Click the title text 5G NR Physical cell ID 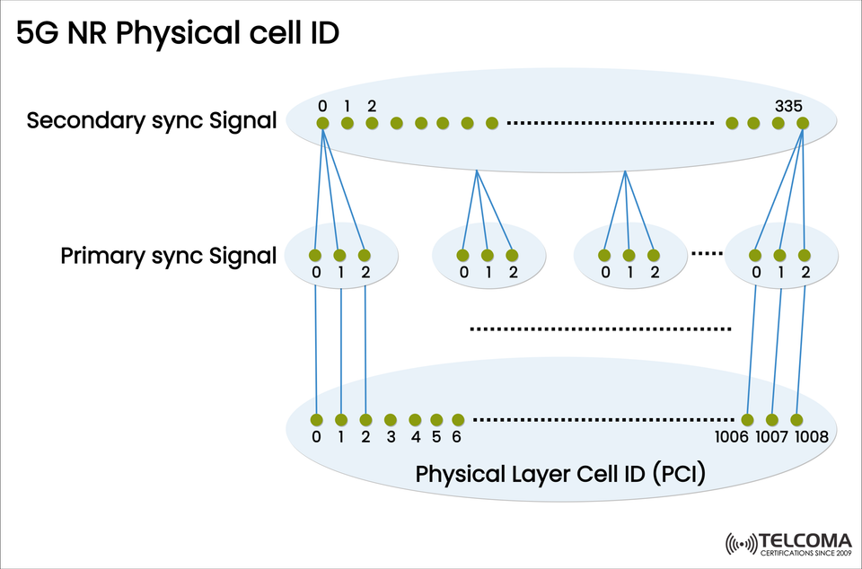click(177, 34)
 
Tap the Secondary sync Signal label click(151, 121)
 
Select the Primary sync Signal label click(168, 256)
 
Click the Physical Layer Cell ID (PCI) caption click(559, 473)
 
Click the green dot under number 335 click(802, 123)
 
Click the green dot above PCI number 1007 click(772, 419)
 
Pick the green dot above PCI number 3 click(390, 419)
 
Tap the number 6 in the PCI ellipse click(457, 437)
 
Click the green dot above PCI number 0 click(316, 419)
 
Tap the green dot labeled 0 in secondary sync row click(322, 123)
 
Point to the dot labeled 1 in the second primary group click(487, 254)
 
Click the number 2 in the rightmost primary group click(805, 272)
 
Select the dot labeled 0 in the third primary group click(606, 254)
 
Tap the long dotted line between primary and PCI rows click(602, 329)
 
